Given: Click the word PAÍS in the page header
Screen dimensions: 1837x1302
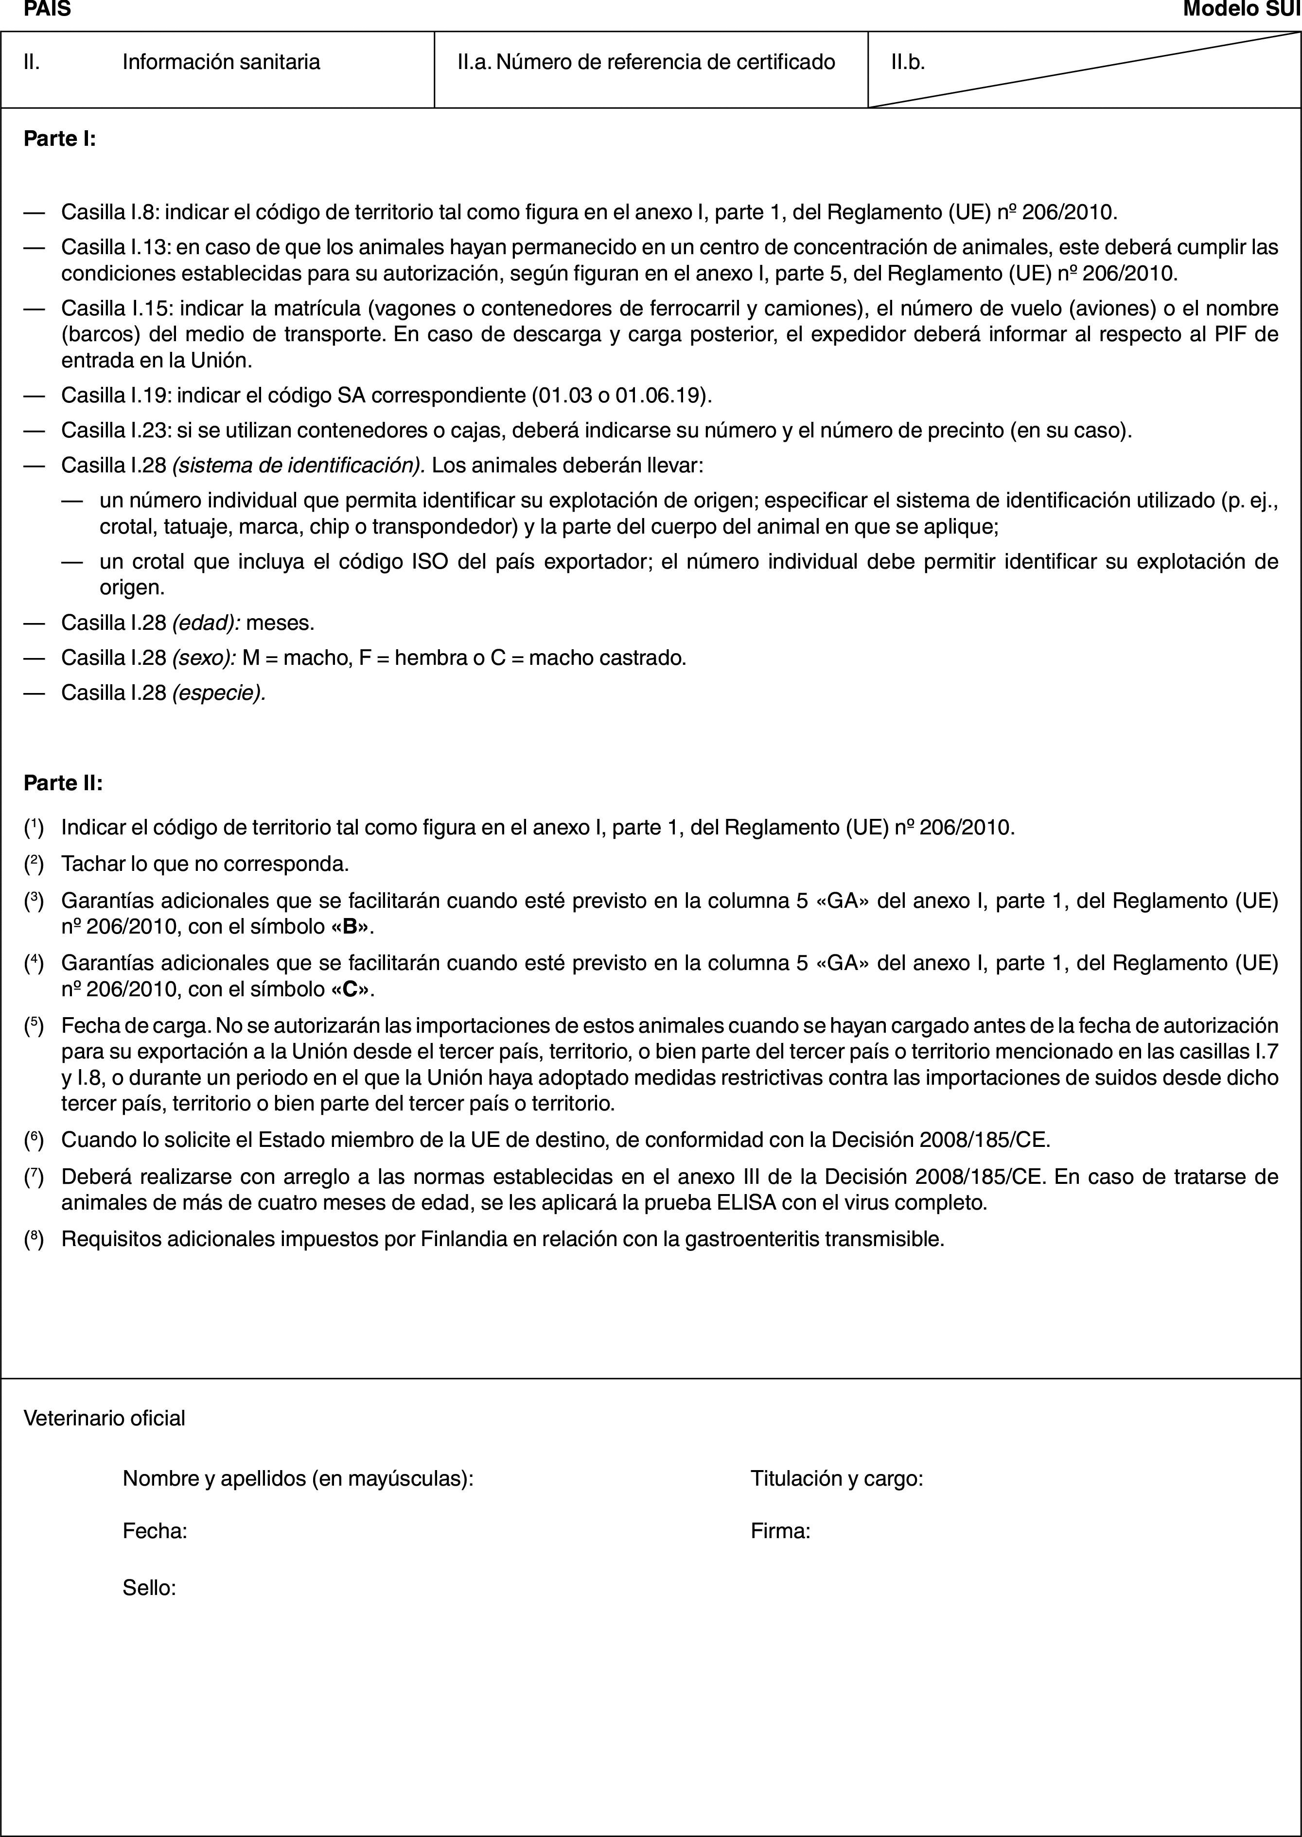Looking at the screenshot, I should click(x=47, y=10).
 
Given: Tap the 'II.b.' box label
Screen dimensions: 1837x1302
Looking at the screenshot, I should click(x=908, y=62).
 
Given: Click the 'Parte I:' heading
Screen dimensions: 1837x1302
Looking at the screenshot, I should click(x=60, y=139).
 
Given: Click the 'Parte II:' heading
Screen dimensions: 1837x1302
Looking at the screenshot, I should click(x=63, y=783).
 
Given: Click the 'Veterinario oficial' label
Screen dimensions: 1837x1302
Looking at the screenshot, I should click(x=104, y=1418).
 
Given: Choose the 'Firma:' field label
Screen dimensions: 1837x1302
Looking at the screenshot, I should click(x=780, y=1532).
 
